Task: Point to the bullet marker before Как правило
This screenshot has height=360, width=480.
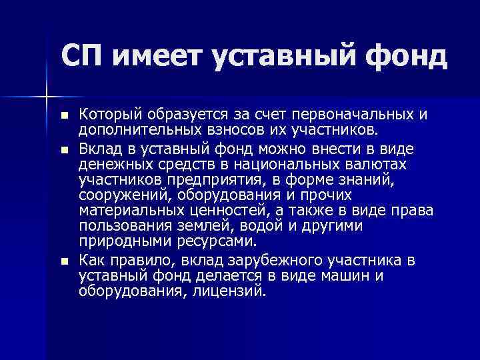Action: click(63, 260)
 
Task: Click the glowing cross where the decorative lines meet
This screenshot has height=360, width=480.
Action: click(47, 96)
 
